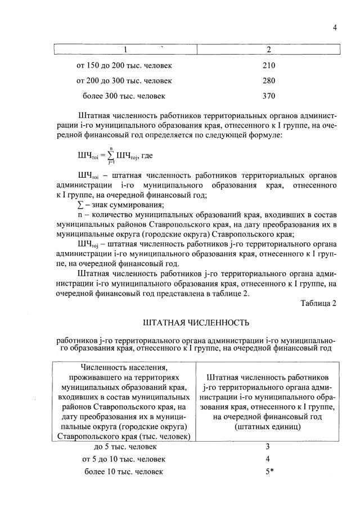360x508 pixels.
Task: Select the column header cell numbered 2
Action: tap(268, 51)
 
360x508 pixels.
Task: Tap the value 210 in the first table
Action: tap(269, 65)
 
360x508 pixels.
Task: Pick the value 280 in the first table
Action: tap(269, 80)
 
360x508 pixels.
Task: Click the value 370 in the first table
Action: tap(269, 96)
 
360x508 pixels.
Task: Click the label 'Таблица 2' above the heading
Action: tap(318, 303)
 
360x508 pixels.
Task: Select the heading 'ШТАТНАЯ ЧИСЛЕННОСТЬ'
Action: tap(196, 323)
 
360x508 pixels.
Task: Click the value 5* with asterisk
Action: tap(269, 471)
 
